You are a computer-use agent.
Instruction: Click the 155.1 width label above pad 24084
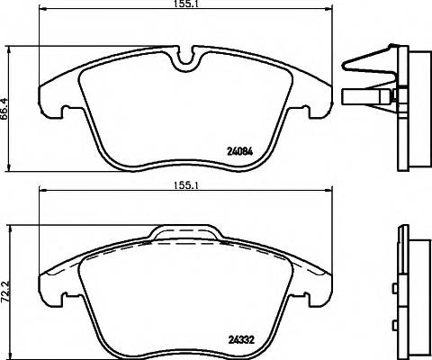pos(187,5)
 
